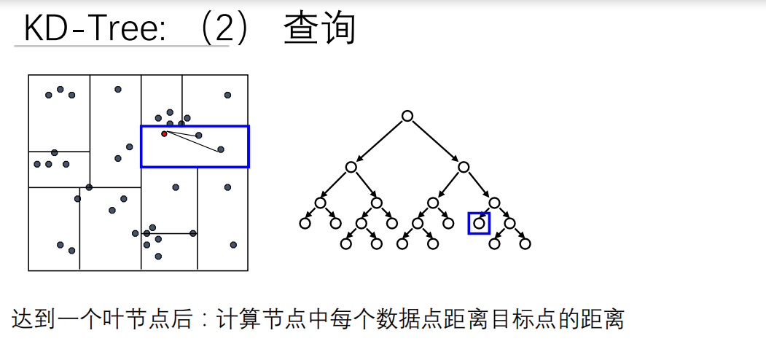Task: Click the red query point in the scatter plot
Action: [x=164, y=133]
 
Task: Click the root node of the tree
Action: [x=407, y=116]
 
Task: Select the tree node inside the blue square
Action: [x=479, y=223]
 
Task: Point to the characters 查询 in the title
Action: [x=319, y=29]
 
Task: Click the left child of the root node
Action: [x=351, y=167]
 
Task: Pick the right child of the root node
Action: [x=464, y=167]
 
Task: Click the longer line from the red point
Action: [x=193, y=142]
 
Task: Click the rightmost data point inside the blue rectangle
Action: [x=221, y=149]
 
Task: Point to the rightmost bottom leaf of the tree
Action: [x=525, y=243]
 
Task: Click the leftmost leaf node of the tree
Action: [x=305, y=223]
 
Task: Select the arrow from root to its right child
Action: [x=434, y=141]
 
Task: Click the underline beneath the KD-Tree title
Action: [x=121, y=47]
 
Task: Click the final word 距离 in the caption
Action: [x=604, y=319]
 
